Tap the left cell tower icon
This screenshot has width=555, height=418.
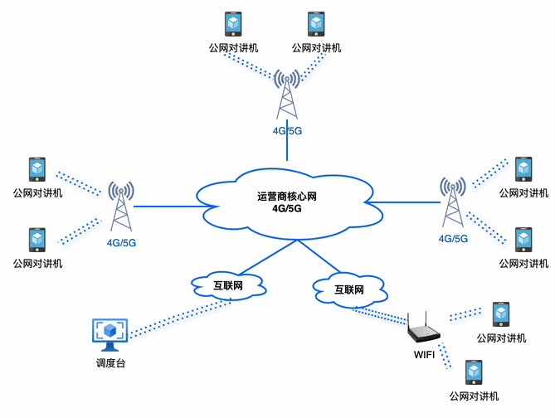(x=122, y=207)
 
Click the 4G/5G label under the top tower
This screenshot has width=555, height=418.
(x=287, y=130)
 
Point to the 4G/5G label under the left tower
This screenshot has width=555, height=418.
(x=121, y=243)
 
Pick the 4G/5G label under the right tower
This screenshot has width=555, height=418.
(x=453, y=238)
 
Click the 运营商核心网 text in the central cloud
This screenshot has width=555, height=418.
(x=287, y=197)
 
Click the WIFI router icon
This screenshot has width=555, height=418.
(x=424, y=329)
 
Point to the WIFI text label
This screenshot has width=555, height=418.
(x=424, y=355)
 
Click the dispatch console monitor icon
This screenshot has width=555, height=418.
(x=110, y=333)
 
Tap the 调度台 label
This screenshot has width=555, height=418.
(x=110, y=363)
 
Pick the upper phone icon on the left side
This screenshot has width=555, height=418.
(x=37, y=169)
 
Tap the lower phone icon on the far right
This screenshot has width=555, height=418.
(x=523, y=240)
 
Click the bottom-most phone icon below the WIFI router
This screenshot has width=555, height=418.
(x=474, y=372)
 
